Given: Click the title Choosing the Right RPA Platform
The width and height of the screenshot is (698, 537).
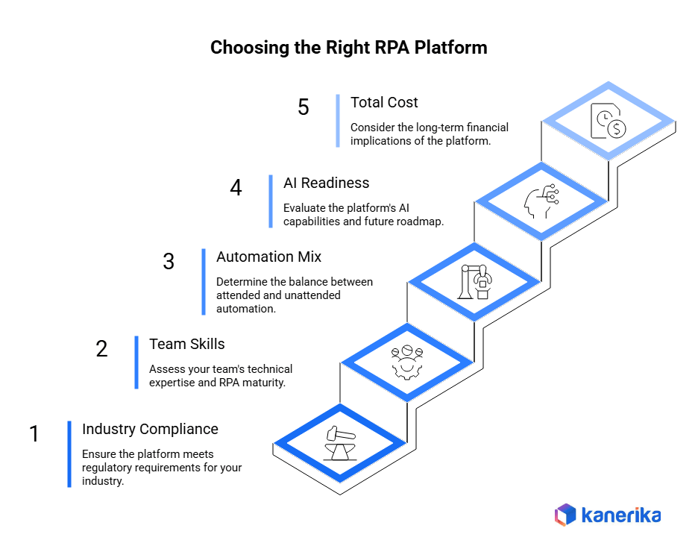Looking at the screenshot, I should click(348, 48).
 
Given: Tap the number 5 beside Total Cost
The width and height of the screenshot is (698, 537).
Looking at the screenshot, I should click(303, 107).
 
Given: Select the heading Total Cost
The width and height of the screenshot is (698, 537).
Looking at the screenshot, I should click(384, 102).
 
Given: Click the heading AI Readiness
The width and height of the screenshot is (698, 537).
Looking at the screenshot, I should click(326, 183).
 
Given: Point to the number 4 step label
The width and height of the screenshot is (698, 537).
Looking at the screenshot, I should click(236, 188).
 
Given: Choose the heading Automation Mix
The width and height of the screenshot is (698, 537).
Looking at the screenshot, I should click(268, 257).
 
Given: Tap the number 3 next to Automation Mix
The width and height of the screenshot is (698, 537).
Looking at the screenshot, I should click(169, 262).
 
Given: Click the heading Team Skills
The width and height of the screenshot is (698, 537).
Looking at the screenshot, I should click(186, 344).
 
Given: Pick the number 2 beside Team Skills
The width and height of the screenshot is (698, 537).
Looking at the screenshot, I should click(101, 349).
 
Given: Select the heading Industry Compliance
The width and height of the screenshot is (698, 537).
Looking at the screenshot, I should click(150, 429).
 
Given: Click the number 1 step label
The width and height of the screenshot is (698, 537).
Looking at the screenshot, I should click(34, 434).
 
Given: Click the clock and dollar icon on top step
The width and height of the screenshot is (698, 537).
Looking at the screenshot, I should click(608, 121).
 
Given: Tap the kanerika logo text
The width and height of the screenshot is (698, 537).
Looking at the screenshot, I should click(620, 515).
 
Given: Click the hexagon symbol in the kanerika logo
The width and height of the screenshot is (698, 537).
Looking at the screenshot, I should click(565, 515).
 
